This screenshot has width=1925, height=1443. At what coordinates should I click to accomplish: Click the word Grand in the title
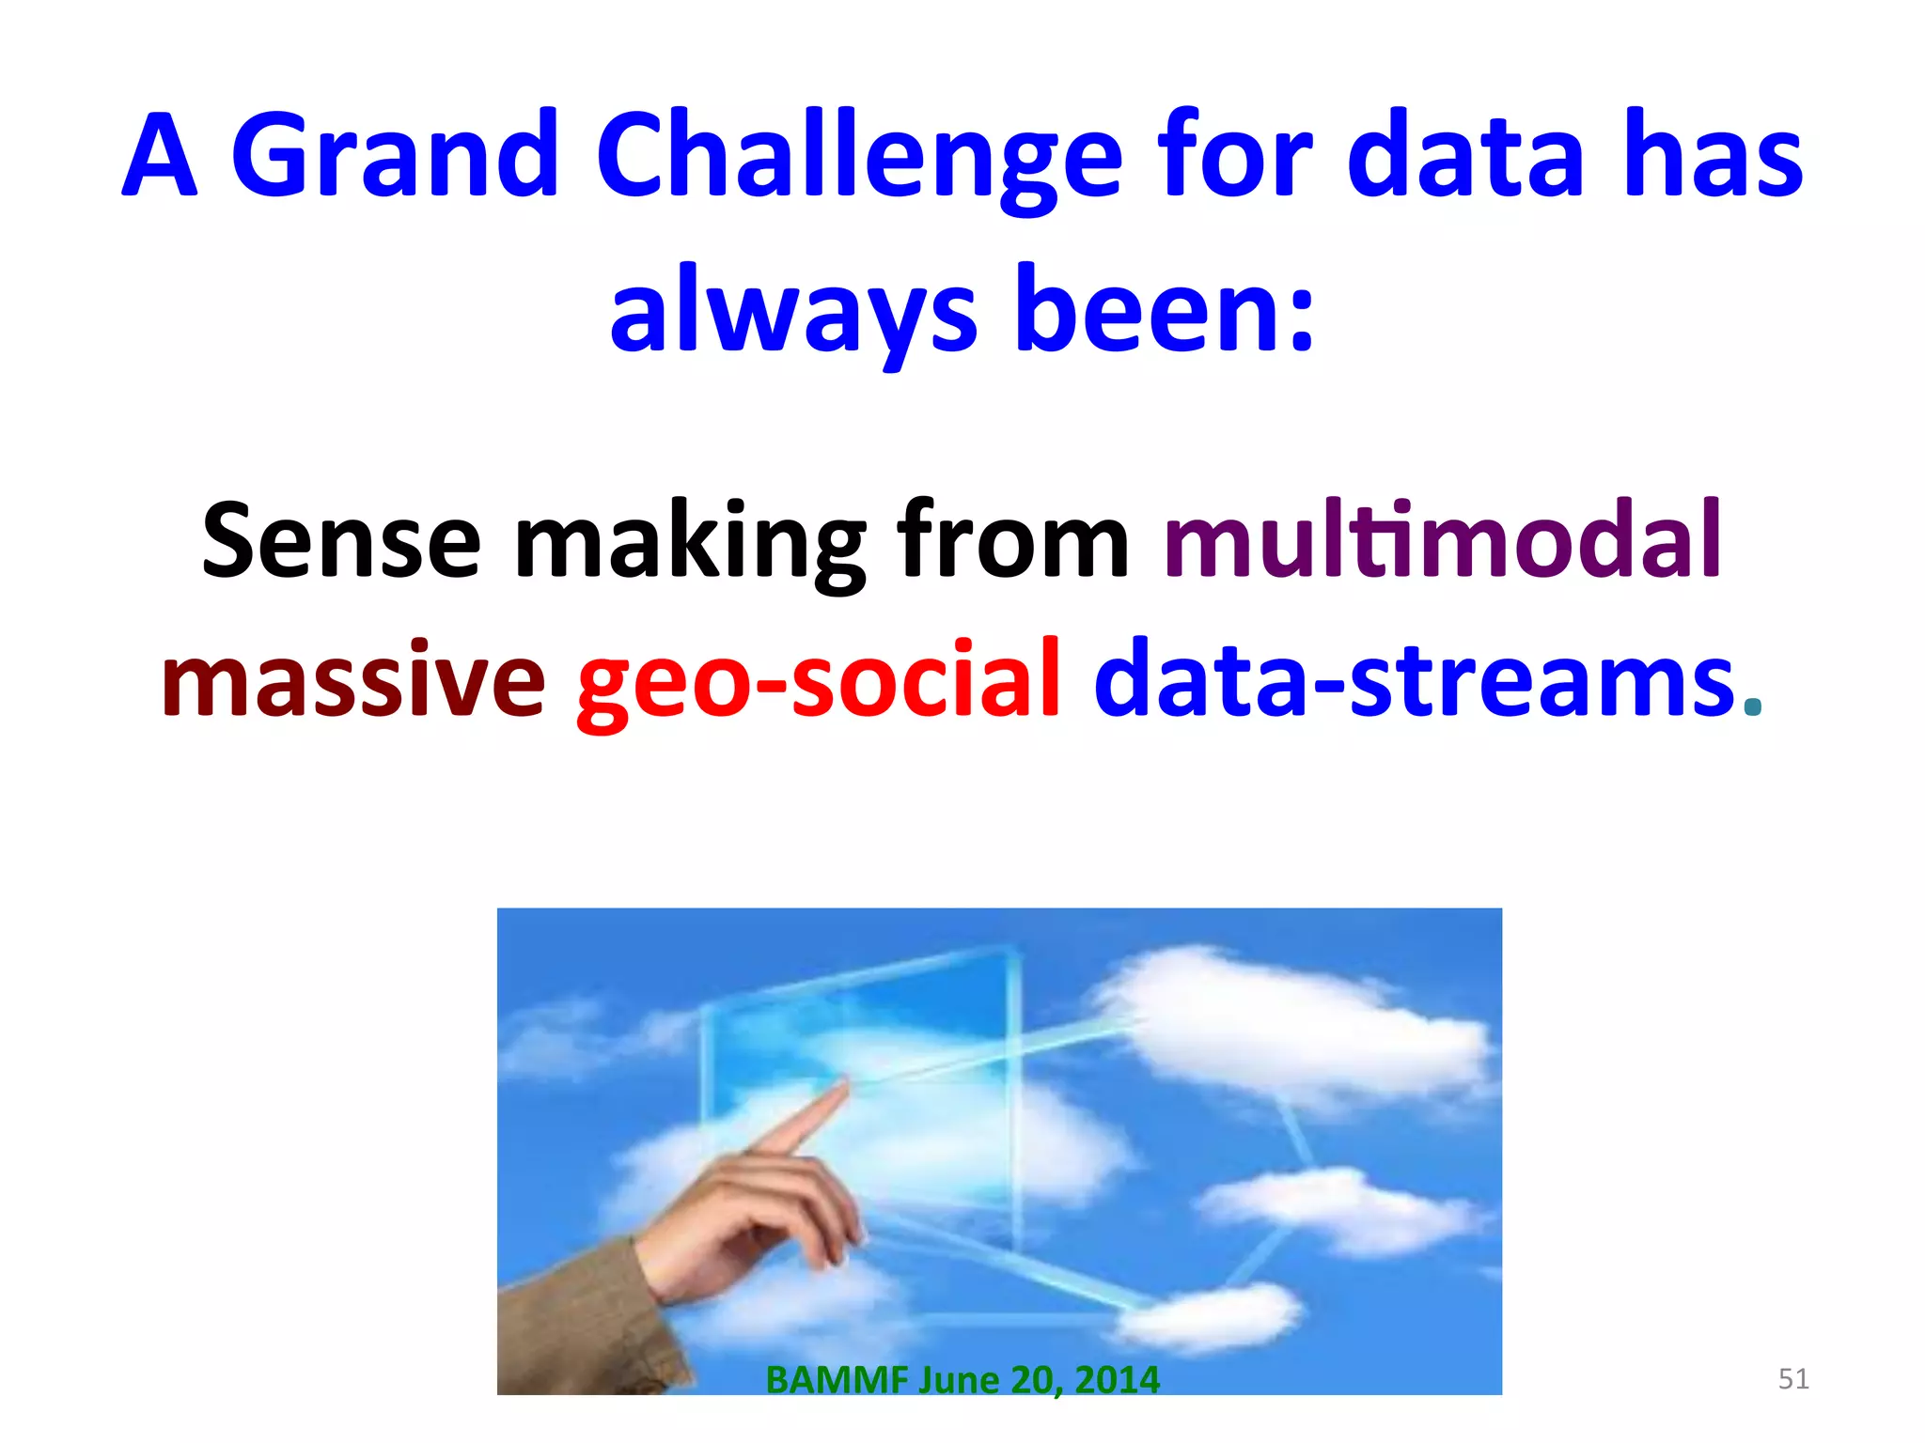(396, 155)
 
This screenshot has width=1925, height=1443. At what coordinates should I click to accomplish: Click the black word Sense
(341, 540)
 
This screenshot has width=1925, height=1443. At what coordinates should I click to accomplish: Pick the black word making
(690, 543)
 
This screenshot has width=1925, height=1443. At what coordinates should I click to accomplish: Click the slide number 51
(1793, 1379)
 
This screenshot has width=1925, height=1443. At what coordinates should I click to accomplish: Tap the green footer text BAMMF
(837, 1380)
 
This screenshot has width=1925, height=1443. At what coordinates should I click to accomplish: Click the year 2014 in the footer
(1117, 1380)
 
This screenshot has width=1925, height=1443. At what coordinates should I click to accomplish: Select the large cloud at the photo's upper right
(1297, 1024)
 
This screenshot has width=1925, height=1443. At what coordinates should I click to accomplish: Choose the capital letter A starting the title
(160, 157)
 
